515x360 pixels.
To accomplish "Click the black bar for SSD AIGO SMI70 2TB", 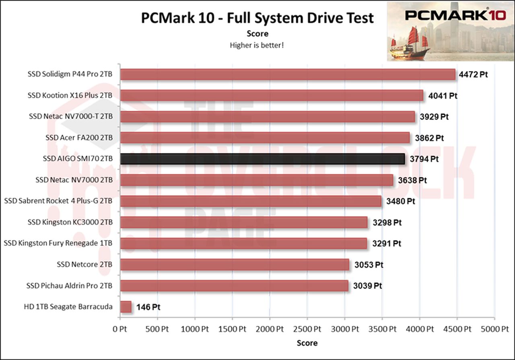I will point(262,159).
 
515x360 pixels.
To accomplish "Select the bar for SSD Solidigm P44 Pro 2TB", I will point(288,74).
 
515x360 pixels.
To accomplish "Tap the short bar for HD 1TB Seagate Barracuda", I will point(126,307).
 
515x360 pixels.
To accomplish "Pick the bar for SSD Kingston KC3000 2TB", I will point(243,222).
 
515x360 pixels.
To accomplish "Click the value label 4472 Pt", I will point(473,75).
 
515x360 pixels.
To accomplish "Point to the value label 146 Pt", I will point(148,307).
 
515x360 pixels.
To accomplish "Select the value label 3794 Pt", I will point(424,159).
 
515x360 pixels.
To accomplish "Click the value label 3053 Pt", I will point(369,265).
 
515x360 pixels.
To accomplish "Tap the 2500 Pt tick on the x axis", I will point(307,329).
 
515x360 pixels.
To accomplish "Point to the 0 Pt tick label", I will point(120,329).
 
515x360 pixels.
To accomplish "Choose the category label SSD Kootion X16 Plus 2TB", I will point(70,95).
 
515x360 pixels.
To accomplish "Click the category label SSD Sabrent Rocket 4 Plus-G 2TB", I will point(58,201).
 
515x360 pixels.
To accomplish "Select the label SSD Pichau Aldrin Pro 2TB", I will point(69,286).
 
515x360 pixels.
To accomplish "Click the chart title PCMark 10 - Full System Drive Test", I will point(257,18).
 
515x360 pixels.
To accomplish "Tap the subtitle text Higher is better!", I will point(257,45).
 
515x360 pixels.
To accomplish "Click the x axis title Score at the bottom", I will point(307,343).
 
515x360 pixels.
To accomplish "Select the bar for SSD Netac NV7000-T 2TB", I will point(268,117).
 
